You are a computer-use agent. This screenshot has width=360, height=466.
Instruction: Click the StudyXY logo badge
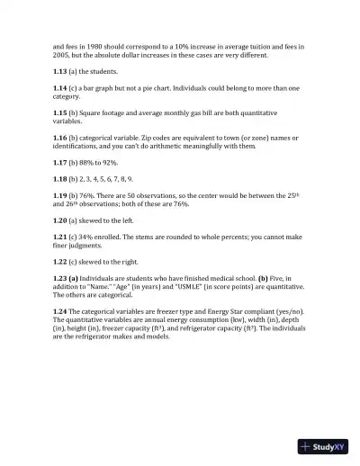pos(323,446)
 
